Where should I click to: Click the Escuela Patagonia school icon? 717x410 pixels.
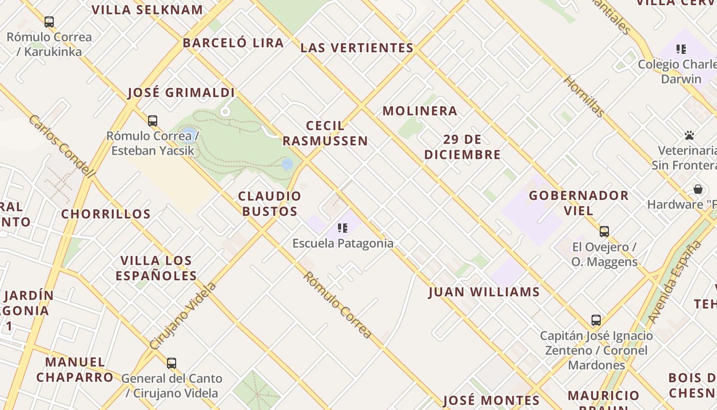tap(343, 228)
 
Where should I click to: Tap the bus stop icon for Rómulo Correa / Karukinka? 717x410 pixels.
tap(49, 22)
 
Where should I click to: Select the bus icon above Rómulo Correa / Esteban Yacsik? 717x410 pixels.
tap(153, 121)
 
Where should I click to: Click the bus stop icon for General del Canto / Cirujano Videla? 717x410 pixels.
tap(172, 363)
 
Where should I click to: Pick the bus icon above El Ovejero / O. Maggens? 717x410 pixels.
tap(604, 232)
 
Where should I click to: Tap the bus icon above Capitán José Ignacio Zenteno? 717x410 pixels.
tap(596, 321)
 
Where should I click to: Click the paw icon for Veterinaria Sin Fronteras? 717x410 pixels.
tap(689, 136)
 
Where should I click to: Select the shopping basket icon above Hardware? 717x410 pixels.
tap(698, 189)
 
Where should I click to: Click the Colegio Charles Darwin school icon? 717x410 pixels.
tap(681, 49)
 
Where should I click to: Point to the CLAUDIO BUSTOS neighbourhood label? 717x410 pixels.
tap(269, 203)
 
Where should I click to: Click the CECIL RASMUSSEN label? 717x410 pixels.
tap(325, 133)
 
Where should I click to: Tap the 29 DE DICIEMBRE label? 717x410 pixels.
tap(462, 147)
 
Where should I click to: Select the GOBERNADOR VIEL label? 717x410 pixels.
tap(579, 203)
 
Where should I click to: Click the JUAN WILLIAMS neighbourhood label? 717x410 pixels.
tap(484, 292)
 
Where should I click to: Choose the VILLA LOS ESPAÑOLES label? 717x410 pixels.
tap(156, 268)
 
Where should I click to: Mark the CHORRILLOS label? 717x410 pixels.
tap(106, 214)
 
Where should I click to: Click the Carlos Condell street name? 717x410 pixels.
tap(62, 147)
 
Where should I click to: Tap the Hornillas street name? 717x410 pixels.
tap(584, 96)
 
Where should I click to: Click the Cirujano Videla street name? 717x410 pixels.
tap(183, 316)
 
